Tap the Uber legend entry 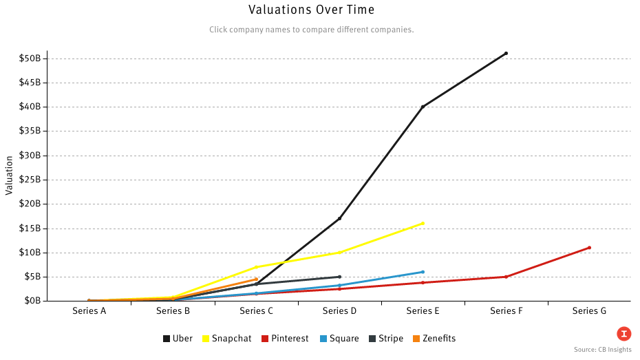click(178, 339)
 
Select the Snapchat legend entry click(226, 339)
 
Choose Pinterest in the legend click(284, 339)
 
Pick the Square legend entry click(339, 339)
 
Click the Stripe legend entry click(385, 339)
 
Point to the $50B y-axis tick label click(33, 58)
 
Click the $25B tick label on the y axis click(33, 180)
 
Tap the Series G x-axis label click(589, 311)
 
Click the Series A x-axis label click(89, 311)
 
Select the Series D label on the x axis click(339, 311)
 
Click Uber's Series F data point click(506, 53)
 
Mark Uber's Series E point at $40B click(423, 107)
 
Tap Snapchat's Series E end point click(423, 223)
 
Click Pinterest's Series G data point click(589, 248)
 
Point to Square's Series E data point click(423, 272)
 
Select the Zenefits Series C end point click(256, 279)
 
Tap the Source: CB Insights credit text click(602, 350)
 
